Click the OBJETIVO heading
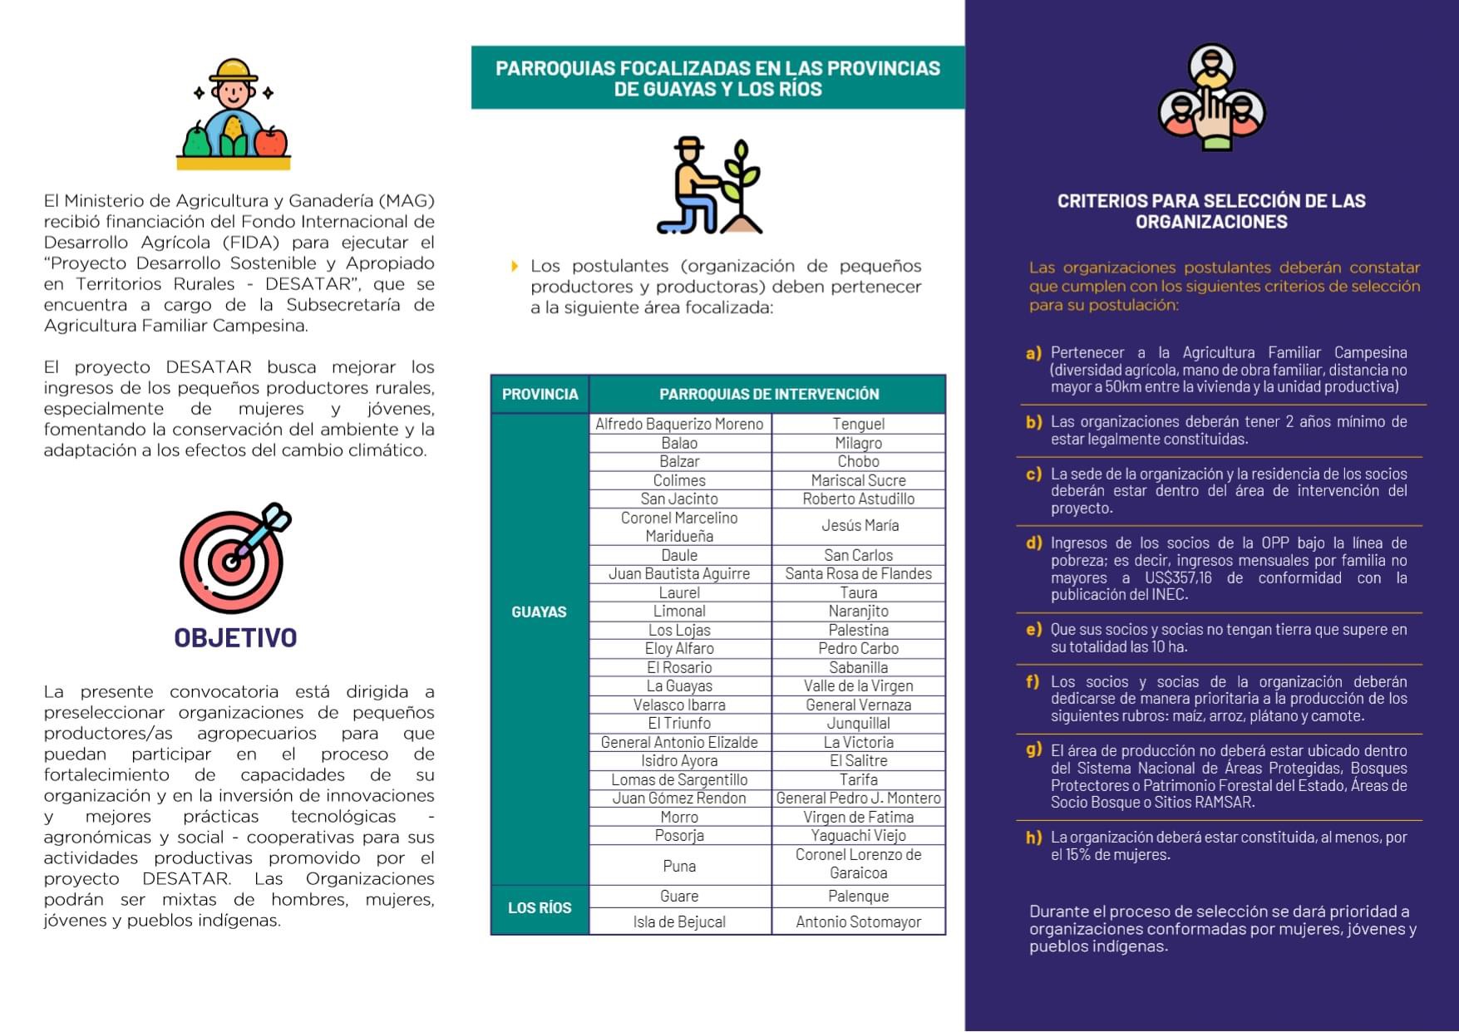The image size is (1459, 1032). pyautogui.click(x=235, y=637)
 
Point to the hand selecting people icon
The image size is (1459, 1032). pyautogui.click(x=1211, y=98)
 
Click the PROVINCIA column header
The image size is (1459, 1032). pyautogui.click(x=540, y=394)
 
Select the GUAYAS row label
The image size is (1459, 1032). pyautogui.click(x=539, y=612)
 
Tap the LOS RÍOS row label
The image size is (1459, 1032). pyautogui.click(x=540, y=908)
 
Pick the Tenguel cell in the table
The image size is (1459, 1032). pyautogui.click(x=858, y=424)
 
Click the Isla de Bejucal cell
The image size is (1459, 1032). pyautogui.click(x=679, y=921)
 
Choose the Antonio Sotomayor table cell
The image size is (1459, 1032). pyautogui.click(x=858, y=921)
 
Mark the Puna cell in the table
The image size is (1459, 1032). pyautogui.click(x=679, y=866)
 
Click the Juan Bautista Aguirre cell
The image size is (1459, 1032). pyautogui.click(x=679, y=573)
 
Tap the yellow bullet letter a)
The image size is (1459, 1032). pyautogui.click(x=1033, y=353)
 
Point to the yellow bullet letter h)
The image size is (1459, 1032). pyautogui.click(x=1033, y=838)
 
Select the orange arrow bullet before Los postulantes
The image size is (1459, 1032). pyautogui.click(x=515, y=266)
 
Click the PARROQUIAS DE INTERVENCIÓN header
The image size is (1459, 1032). pyautogui.click(x=769, y=394)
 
